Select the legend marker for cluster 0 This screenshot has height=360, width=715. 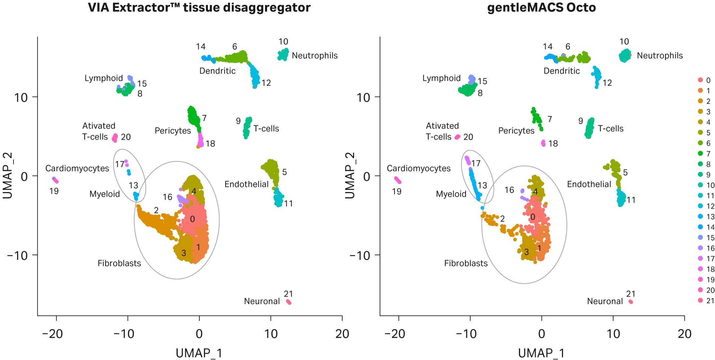click(701, 80)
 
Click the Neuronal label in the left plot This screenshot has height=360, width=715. click(262, 301)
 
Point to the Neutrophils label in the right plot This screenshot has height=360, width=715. click(659, 56)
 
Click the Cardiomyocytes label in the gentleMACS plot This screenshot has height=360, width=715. click(418, 169)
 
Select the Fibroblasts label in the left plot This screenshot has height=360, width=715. click(119, 263)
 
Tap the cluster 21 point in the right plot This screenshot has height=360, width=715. click(631, 302)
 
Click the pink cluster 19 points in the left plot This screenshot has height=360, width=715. click(55, 180)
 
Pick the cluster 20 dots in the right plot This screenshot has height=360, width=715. click(457, 137)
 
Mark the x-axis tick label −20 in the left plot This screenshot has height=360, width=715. click(53, 334)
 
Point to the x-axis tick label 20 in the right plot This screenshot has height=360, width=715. click(684, 334)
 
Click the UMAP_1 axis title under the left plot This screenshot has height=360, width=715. click(199, 353)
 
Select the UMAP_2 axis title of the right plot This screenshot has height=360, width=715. click(350, 176)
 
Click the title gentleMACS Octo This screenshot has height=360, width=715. click(541, 7)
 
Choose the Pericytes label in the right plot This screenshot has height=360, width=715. click(516, 131)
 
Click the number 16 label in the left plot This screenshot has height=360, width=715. click(168, 197)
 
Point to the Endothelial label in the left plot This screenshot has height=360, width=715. click(246, 184)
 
